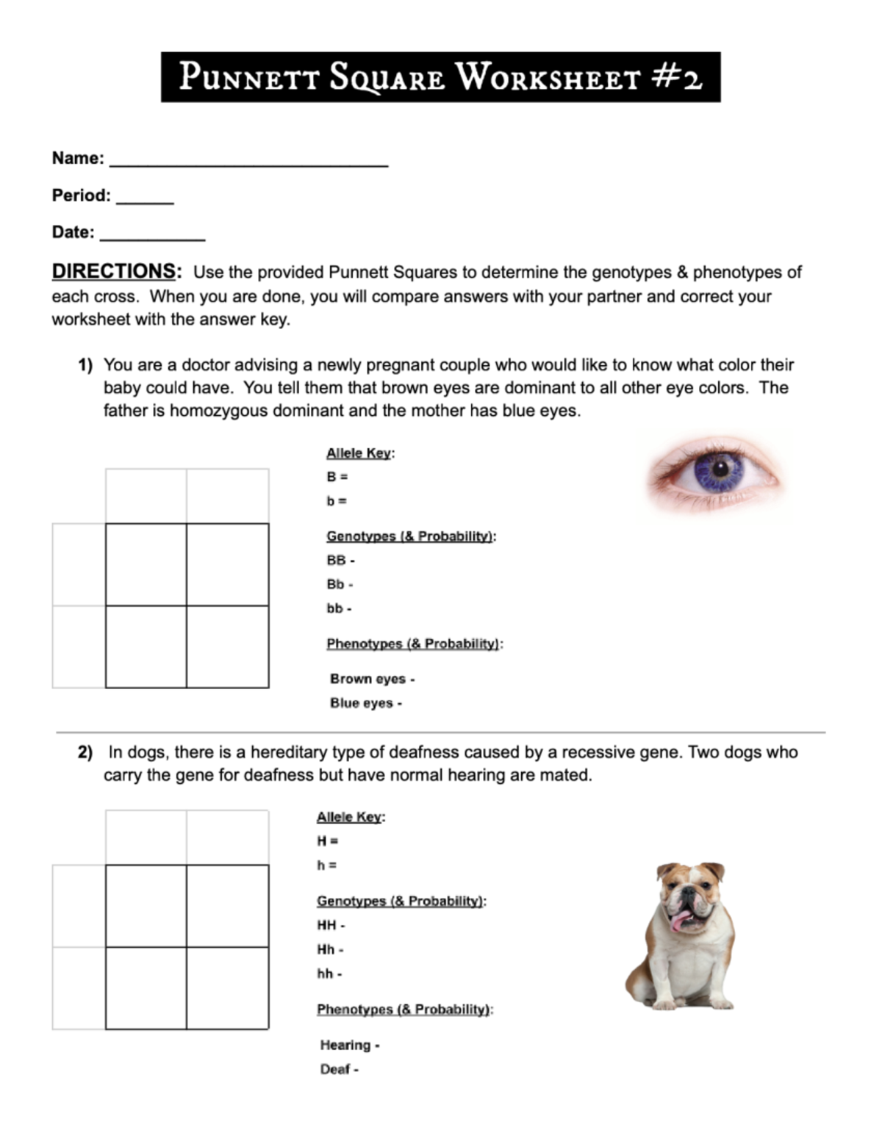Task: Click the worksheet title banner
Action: point(440,77)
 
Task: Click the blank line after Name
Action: point(248,162)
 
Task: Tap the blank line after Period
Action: point(145,199)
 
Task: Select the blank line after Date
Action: point(152,236)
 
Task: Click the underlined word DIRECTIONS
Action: point(114,271)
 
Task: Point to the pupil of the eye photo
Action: point(718,468)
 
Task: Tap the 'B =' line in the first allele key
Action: point(337,477)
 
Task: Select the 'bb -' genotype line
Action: point(339,608)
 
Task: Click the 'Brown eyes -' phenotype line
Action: point(372,679)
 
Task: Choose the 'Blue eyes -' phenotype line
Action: point(365,703)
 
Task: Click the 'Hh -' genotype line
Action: point(330,949)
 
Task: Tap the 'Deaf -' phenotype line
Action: point(339,1070)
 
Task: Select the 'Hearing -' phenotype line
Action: point(349,1045)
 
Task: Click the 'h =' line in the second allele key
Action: point(327,865)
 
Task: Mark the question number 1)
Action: point(85,365)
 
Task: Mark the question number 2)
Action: point(85,752)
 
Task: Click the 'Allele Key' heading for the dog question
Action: point(350,817)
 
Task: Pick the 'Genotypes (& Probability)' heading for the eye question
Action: point(410,536)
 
